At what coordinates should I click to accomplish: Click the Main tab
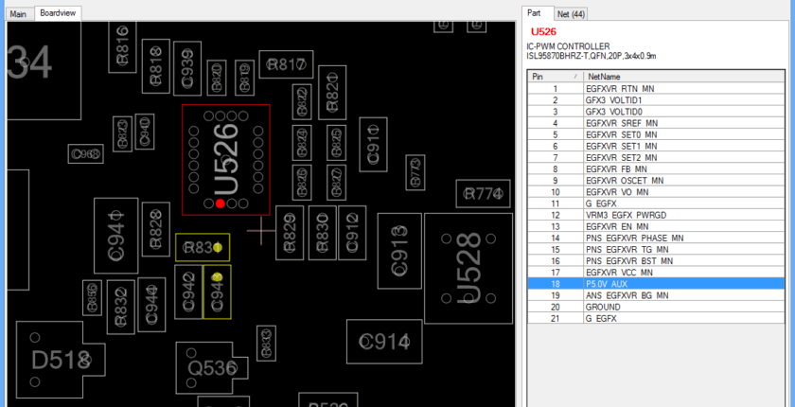[x=19, y=13]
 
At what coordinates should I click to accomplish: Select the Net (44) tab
[x=571, y=13]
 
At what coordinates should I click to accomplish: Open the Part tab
[x=535, y=13]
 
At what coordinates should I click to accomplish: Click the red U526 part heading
[x=544, y=31]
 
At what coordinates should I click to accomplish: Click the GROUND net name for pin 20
[x=605, y=307]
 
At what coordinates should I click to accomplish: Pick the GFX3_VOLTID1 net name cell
[x=614, y=99]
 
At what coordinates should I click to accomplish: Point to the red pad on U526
[x=221, y=203]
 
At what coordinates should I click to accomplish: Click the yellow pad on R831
[x=218, y=248]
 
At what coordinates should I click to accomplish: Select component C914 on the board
[x=384, y=342]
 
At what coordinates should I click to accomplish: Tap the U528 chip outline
[x=468, y=267]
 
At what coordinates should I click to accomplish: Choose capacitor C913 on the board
[x=399, y=250]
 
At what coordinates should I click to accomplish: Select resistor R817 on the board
[x=286, y=64]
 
